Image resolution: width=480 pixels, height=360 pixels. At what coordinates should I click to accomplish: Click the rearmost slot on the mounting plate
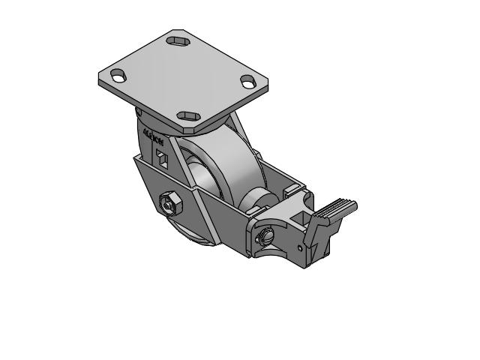(x=178, y=40)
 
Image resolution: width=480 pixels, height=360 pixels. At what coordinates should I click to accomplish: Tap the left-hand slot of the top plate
(x=118, y=75)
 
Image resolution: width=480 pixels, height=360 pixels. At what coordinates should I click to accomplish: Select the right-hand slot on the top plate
(x=247, y=81)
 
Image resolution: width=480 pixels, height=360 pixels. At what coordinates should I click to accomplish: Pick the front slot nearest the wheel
(x=187, y=116)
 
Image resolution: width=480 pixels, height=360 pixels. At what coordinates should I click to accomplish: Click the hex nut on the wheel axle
(x=169, y=203)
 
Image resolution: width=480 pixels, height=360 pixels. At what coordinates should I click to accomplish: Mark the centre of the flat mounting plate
(x=182, y=77)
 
